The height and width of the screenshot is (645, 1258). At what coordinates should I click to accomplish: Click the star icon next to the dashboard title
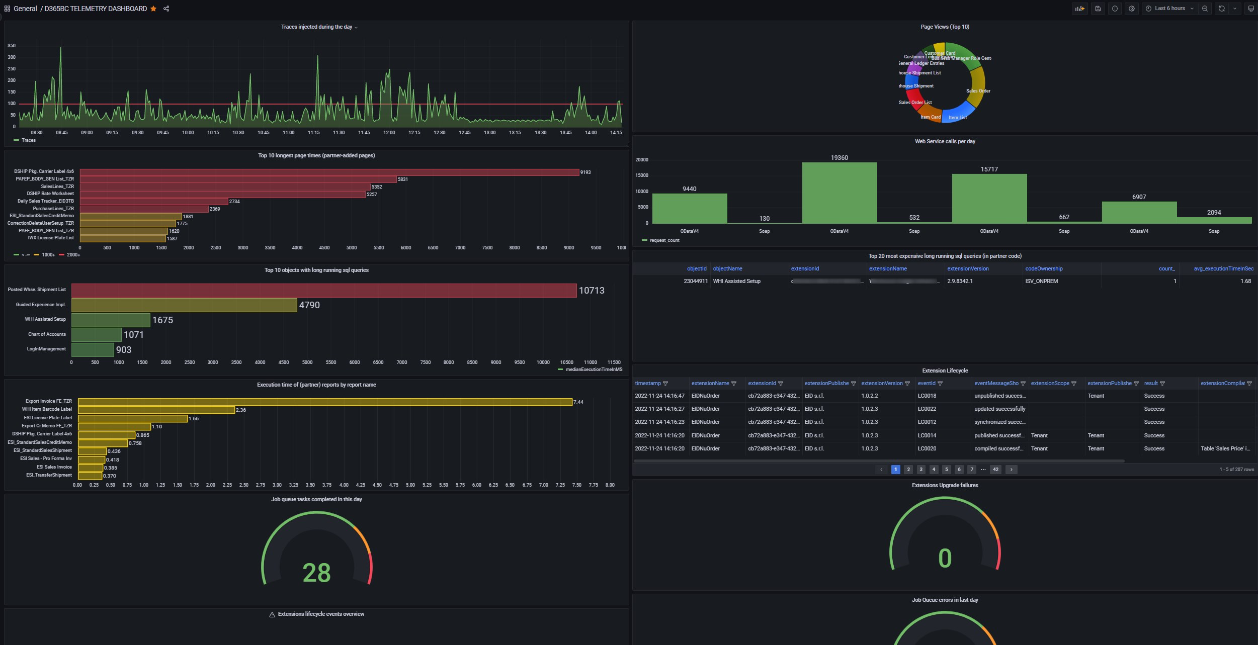pyautogui.click(x=153, y=9)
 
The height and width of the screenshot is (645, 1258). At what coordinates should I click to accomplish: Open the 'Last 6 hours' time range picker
pyautogui.click(x=1169, y=9)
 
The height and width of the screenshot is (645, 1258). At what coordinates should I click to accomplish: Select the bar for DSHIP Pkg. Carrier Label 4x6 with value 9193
pyautogui.click(x=329, y=172)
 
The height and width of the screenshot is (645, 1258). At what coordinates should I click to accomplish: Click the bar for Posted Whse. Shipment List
pyautogui.click(x=323, y=291)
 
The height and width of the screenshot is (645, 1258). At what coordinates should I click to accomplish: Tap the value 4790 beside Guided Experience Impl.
pyautogui.click(x=309, y=305)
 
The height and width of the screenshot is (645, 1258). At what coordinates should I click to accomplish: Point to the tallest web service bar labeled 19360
pyautogui.click(x=839, y=193)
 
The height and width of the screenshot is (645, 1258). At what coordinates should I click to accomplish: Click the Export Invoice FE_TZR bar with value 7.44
pyautogui.click(x=325, y=402)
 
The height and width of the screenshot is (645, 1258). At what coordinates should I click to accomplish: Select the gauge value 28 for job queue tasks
pyautogui.click(x=316, y=573)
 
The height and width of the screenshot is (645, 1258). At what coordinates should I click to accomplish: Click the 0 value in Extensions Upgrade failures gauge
pyautogui.click(x=945, y=559)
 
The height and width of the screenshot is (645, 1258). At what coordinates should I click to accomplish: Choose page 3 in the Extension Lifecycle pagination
pyautogui.click(x=921, y=470)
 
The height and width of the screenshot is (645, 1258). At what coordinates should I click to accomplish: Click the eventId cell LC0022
pyautogui.click(x=927, y=409)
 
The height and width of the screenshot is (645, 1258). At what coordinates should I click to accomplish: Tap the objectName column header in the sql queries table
pyautogui.click(x=727, y=269)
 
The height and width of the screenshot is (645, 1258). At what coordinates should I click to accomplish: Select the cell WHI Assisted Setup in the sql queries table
pyautogui.click(x=736, y=282)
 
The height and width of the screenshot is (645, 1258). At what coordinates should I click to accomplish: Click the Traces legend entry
pyautogui.click(x=28, y=140)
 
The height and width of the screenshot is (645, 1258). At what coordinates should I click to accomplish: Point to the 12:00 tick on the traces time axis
pyautogui.click(x=389, y=133)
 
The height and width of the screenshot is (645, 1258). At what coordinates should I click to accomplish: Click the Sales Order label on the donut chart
pyautogui.click(x=978, y=91)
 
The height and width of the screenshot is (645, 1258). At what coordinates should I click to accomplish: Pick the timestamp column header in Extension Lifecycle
pyautogui.click(x=648, y=384)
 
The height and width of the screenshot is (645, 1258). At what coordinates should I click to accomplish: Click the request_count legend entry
pyautogui.click(x=664, y=240)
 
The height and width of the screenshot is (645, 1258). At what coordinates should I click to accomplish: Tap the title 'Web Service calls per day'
pyautogui.click(x=945, y=142)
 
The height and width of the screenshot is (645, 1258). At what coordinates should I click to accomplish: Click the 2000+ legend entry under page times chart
pyautogui.click(x=73, y=255)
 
